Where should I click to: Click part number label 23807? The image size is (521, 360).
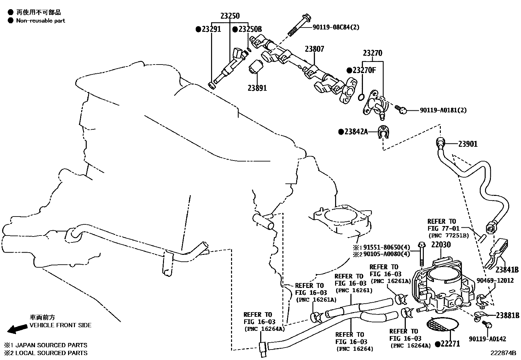314,49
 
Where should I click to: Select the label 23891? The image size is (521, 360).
257,88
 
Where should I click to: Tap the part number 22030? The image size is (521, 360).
440,245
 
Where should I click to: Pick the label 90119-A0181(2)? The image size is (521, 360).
443,110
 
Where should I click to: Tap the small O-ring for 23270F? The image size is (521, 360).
361,97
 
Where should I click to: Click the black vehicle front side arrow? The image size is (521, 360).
17,329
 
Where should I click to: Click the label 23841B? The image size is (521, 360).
507,270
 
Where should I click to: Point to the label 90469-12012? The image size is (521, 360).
495,280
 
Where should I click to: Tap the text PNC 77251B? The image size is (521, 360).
448,235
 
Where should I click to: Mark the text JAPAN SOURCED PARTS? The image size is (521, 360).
51,345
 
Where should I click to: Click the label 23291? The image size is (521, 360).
211,29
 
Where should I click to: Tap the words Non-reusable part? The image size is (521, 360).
41,21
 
